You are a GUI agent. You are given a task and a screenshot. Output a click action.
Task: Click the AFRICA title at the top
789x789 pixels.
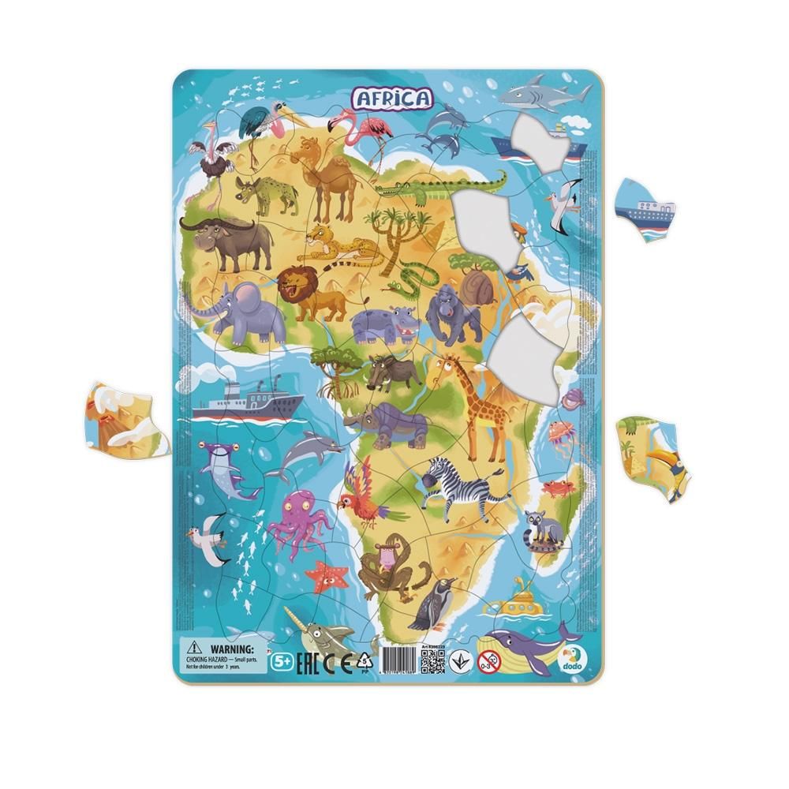[x=392, y=98]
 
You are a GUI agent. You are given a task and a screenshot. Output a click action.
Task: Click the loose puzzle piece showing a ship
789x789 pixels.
[x=644, y=208]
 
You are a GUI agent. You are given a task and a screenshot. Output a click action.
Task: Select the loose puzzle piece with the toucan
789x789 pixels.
[x=653, y=457]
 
